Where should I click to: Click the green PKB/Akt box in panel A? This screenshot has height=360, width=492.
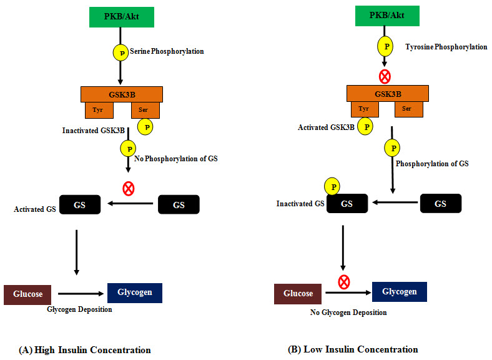122,17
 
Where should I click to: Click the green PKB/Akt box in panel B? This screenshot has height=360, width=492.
386,16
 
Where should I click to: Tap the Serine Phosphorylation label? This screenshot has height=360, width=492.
166,51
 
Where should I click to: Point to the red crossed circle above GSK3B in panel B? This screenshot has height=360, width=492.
385,77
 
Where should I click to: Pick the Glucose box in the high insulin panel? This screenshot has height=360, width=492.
27,294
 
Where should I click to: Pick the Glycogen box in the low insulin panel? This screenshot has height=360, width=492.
399,292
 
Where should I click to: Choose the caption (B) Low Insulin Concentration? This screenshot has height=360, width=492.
353,349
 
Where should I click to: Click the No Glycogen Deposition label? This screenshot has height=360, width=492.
349,312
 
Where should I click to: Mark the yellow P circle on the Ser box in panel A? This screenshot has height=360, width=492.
145,127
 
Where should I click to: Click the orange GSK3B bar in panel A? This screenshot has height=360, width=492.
122,94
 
